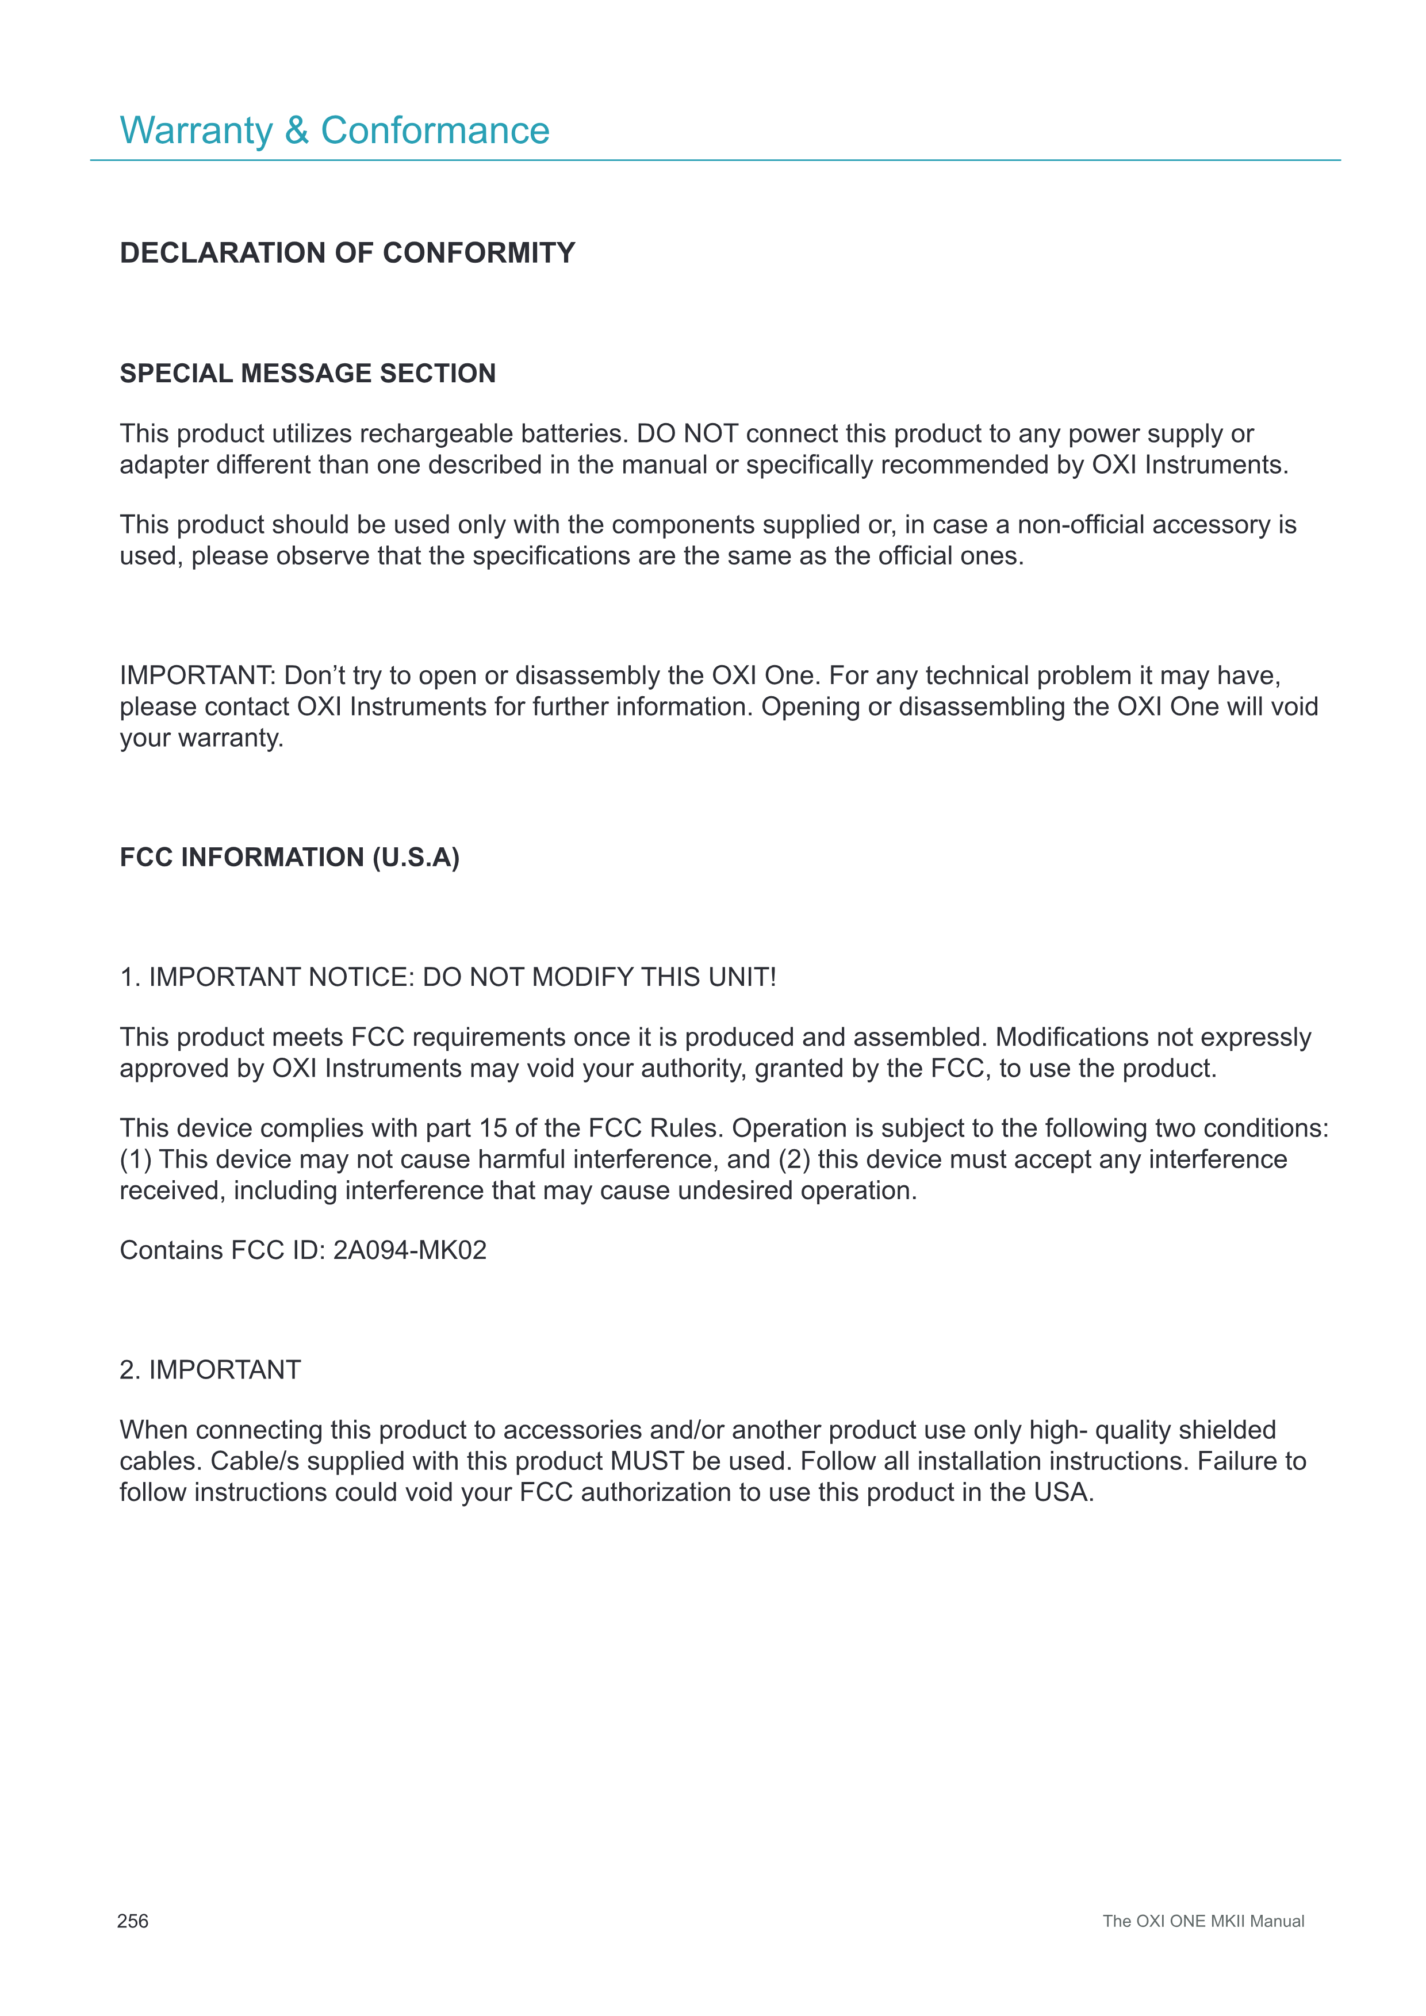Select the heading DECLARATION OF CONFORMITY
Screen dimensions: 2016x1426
pos(347,253)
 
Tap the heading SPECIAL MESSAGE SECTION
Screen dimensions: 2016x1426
pos(307,373)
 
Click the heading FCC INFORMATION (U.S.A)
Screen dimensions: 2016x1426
pos(289,857)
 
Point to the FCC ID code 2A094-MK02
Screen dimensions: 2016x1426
pos(409,1250)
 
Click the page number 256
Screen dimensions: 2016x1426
pos(133,1921)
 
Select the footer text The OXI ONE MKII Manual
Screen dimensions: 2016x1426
pos(1203,1921)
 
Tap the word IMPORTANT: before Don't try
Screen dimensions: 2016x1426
pos(198,675)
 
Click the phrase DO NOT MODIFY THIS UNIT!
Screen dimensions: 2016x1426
pos(600,977)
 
